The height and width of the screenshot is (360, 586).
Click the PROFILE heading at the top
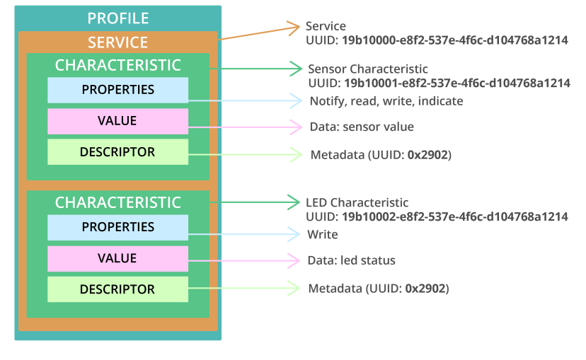click(117, 18)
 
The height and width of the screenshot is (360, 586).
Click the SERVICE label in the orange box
click(117, 42)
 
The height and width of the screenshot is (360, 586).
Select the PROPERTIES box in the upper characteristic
click(117, 91)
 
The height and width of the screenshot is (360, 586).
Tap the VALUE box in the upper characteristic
click(117, 121)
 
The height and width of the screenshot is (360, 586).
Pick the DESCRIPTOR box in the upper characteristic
click(117, 152)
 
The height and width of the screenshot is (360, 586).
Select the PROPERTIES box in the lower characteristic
click(117, 227)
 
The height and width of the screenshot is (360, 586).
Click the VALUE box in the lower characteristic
click(117, 258)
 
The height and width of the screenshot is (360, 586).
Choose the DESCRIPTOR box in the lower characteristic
click(117, 289)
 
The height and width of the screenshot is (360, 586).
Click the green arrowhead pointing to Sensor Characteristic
click(297, 69)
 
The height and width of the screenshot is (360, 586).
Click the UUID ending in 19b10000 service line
click(436, 40)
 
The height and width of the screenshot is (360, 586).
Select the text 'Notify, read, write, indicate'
click(386, 101)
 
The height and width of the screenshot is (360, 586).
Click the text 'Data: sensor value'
click(361, 127)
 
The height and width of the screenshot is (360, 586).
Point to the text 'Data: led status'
click(351, 260)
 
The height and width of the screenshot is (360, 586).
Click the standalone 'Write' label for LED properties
click(322, 234)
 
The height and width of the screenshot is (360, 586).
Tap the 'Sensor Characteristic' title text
click(367, 69)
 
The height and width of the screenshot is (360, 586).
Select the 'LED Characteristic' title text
click(357, 203)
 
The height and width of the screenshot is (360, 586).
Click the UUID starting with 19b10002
click(436, 216)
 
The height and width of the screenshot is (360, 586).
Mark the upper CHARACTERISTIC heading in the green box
click(117, 66)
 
